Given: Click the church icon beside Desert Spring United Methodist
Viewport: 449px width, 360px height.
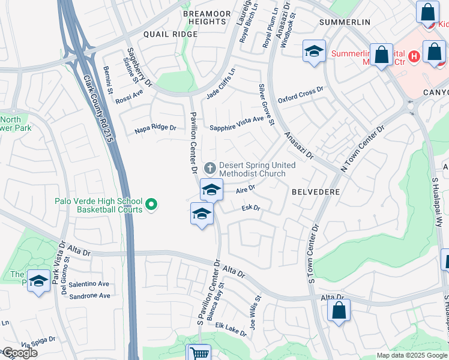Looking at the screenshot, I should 209,167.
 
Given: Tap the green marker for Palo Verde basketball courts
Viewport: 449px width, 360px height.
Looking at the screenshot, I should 151,205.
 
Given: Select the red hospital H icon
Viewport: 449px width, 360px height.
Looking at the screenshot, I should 413,58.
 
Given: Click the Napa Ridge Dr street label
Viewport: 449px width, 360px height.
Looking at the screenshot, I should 155,128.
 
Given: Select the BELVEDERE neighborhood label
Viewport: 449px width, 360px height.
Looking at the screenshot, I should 316,192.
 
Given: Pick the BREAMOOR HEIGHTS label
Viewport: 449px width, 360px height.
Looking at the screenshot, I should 203,17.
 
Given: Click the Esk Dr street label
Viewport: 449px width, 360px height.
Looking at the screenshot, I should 251,208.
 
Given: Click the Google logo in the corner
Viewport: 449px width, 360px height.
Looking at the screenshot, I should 19,353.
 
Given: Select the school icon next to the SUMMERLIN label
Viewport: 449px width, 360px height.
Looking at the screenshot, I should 314,52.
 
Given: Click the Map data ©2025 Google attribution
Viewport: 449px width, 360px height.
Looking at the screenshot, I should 412,355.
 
